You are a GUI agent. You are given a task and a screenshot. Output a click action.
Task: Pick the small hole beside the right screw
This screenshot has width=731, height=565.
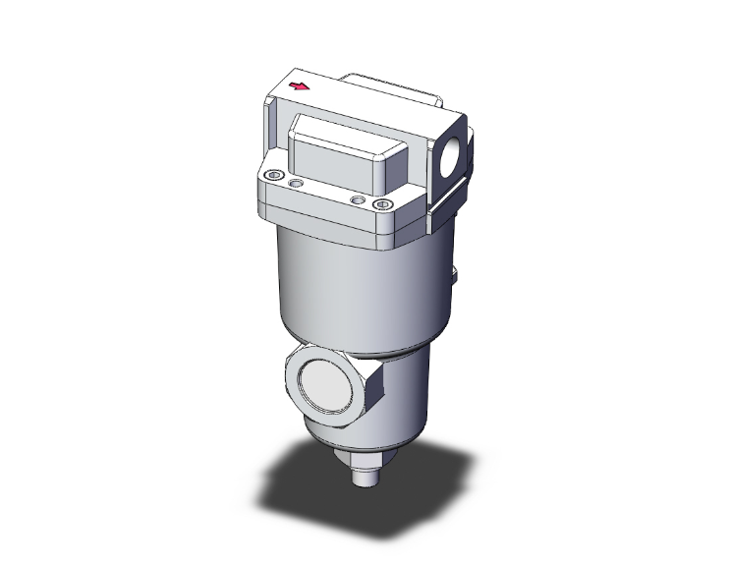[x=358, y=199]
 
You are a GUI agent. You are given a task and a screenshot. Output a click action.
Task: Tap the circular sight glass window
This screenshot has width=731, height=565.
[x=328, y=385]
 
